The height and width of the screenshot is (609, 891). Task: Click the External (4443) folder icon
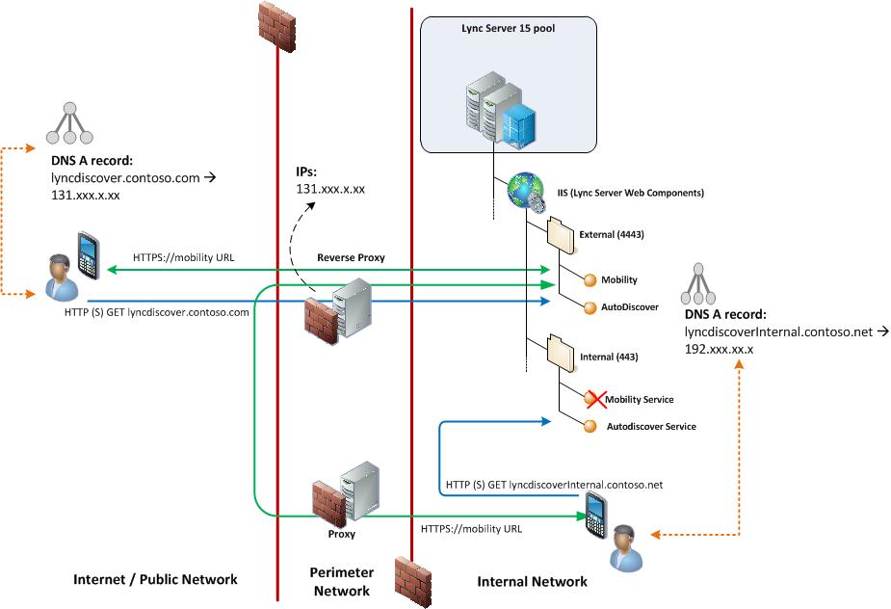[x=561, y=234]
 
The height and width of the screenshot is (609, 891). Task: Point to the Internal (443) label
[x=609, y=357]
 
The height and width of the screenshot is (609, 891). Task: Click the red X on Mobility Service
[x=591, y=398]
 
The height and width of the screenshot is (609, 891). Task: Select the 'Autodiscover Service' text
[x=651, y=426]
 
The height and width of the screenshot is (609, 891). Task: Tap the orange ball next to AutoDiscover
[x=591, y=307]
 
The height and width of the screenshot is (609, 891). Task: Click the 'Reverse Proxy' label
[x=346, y=259]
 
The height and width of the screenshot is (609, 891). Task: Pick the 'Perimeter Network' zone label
[x=341, y=581]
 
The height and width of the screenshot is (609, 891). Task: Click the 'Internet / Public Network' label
[x=155, y=580]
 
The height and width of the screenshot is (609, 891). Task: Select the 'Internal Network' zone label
[x=532, y=581]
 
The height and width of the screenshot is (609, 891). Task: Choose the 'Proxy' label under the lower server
[x=341, y=533]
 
